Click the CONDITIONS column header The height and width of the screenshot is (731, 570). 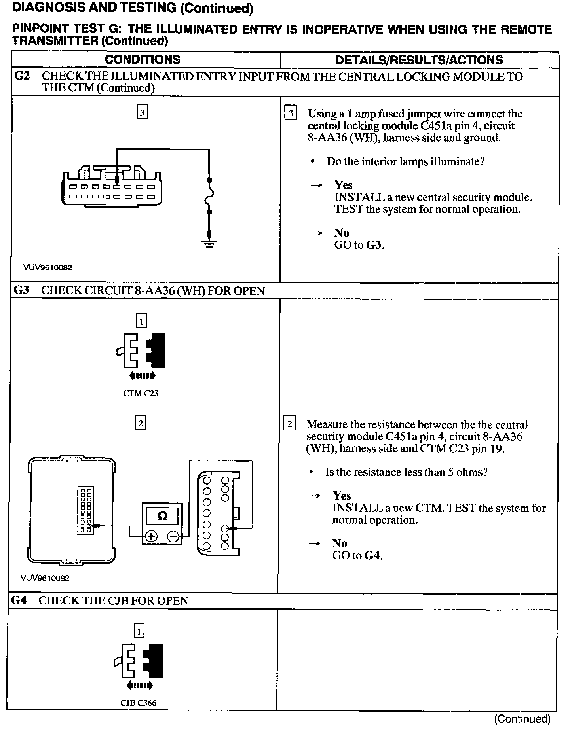coord(142,60)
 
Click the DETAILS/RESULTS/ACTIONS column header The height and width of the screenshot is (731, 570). coord(419,60)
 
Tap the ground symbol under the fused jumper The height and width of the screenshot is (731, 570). coord(210,243)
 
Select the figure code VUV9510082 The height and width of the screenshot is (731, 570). coord(47,267)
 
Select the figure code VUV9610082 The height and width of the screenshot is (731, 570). coord(45,578)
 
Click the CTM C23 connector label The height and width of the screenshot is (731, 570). coord(141,393)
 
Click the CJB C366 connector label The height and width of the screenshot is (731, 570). coord(138,703)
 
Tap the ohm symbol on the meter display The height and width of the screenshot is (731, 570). coord(162,516)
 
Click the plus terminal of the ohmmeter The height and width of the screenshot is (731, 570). coord(151,536)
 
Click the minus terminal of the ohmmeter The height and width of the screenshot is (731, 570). coord(173,536)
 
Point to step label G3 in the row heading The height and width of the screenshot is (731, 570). coord(21,290)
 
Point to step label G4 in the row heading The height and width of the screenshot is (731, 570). coord(19,600)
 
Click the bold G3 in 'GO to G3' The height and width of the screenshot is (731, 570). coord(374,245)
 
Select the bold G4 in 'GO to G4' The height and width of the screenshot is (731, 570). coord(372,555)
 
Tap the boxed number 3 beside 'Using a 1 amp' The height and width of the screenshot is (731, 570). coord(291,114)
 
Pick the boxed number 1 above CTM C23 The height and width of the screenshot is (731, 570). coord(141,320)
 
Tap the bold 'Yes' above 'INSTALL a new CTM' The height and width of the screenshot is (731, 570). coord(342,496)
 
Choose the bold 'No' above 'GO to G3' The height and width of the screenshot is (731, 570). coord(342,233)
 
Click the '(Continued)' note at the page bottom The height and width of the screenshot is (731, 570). coord(522,719)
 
